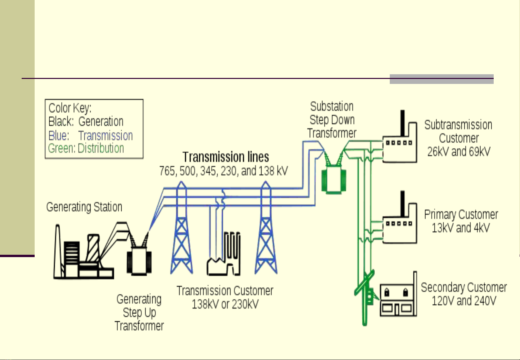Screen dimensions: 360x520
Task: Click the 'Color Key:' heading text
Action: point(70,108)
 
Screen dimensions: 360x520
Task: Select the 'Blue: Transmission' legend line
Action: point(91,136)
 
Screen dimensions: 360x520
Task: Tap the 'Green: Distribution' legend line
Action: point(86,148)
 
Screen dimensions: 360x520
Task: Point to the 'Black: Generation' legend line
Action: point(86,122)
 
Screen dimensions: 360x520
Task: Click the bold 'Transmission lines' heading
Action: point(226,157)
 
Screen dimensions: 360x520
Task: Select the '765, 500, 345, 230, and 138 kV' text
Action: point(223,171)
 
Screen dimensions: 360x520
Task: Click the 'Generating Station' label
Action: point(84,207)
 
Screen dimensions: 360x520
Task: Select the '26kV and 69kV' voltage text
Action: point(459,152)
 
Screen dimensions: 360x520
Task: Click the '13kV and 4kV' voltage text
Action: point(461,228)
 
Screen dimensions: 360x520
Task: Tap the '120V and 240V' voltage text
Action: point(464,301)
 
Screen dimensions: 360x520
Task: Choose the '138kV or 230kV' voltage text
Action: point(225,304)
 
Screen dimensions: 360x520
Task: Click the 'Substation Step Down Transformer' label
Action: point(332,120)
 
